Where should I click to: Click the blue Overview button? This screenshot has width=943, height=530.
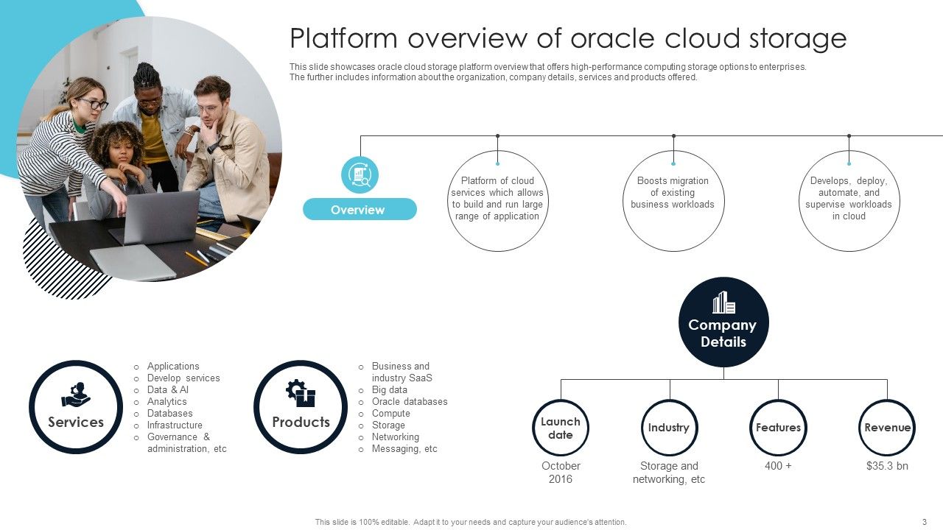[360, 210]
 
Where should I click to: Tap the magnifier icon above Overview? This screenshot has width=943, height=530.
[360, 175]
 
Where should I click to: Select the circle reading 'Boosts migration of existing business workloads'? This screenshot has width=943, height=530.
[673, 200]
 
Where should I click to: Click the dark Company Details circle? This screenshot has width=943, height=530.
[723, 322]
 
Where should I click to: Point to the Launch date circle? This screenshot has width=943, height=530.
[560, 428]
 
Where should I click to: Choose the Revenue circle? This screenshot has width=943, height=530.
[886, 428]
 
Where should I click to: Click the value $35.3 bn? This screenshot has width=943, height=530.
[887, 466]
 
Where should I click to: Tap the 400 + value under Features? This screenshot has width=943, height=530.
[778, 466]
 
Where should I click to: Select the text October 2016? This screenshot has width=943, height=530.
[561, 473]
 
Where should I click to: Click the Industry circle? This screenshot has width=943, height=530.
[669, 428]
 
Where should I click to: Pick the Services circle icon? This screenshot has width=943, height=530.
[76, 407]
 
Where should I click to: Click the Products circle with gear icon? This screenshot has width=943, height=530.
[301, 407]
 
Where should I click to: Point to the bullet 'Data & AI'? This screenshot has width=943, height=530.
[168, 390]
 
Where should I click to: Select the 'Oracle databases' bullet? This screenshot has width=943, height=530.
[409, 402]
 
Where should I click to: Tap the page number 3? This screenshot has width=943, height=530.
[924, 522]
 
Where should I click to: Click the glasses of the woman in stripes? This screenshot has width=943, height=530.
[94, 104]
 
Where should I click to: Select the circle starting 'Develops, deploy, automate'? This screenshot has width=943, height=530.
[849, 200]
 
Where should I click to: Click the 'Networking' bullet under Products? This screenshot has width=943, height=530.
[395, 437]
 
